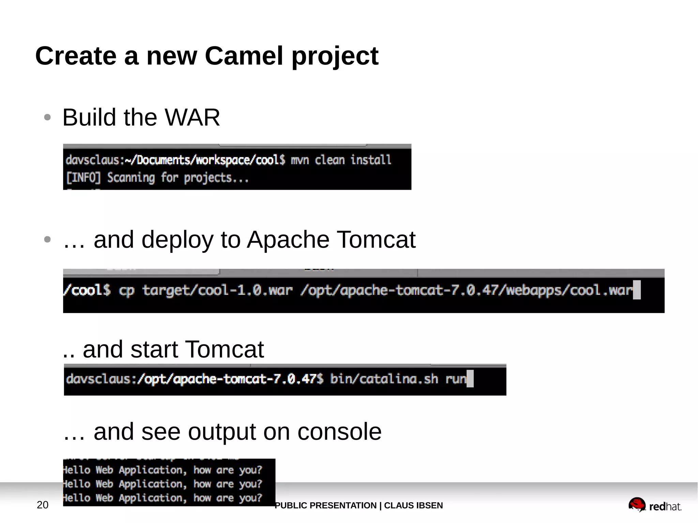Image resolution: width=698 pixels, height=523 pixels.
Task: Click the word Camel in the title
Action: [244, 56]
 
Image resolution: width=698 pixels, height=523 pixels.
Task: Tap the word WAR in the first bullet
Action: [192, 118]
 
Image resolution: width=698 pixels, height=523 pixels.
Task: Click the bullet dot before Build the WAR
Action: [47, 118]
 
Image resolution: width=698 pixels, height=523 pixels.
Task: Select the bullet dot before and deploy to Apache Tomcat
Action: [47, 240]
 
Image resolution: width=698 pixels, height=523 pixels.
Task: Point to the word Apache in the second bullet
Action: [288, 240]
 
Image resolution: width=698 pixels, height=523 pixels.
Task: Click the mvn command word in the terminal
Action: [300, 160]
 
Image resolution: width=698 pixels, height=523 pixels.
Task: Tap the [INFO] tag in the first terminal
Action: [84, 178]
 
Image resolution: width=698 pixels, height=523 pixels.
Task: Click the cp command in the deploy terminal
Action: [126, 291]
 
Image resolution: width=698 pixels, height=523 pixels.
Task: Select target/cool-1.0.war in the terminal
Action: [217, 290]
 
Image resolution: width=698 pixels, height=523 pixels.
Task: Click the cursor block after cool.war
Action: [636, 290]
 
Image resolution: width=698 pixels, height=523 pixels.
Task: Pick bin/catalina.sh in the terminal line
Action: [384, 379]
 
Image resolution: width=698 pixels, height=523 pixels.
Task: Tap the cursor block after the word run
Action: [470, 379]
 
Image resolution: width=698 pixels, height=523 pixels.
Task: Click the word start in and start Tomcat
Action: [154, 350]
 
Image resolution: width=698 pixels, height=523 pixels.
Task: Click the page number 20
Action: [43, 505]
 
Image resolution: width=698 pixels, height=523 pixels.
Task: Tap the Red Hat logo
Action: [654, 505]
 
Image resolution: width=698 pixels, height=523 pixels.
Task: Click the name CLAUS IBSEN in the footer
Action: [413, 506]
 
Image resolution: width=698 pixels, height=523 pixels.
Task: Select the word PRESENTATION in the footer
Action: [344, 506]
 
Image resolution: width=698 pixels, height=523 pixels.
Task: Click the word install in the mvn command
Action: [371, 160]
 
